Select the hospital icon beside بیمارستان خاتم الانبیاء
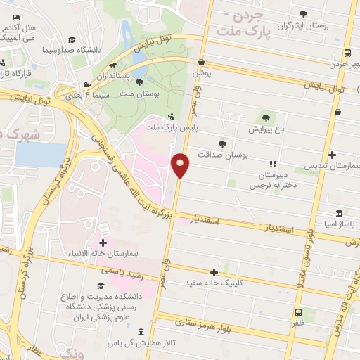click(103, 231)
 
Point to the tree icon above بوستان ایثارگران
click(303, 13)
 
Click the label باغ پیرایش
click(266, 129)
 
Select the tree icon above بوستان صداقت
click(222, 143)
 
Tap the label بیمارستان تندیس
click(333, 166)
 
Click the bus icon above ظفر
click(299, 312)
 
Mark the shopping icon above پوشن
click(201, 62)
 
